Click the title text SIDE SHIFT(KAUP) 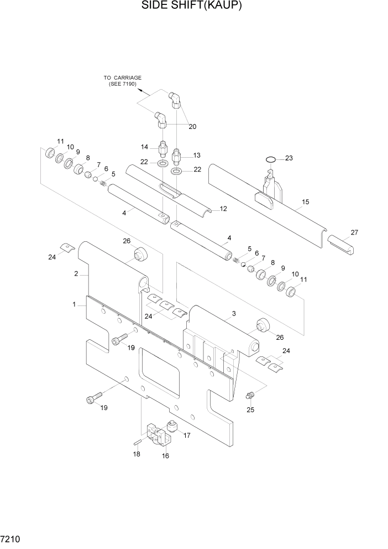tap(193, 6)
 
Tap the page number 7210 tap(12, 538)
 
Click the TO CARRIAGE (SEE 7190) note tap(123, 81)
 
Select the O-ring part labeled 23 tap(270, 160)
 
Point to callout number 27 tap(354, 232)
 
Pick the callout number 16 tap(165, 456)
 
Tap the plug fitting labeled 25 tap(249, 395)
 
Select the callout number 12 tap(223, 209)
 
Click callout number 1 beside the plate tap(74, 304)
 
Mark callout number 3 tap(234, 314)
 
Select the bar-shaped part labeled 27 tap(341, 244)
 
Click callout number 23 tap(289, 158)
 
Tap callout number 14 tap(145, 147)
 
